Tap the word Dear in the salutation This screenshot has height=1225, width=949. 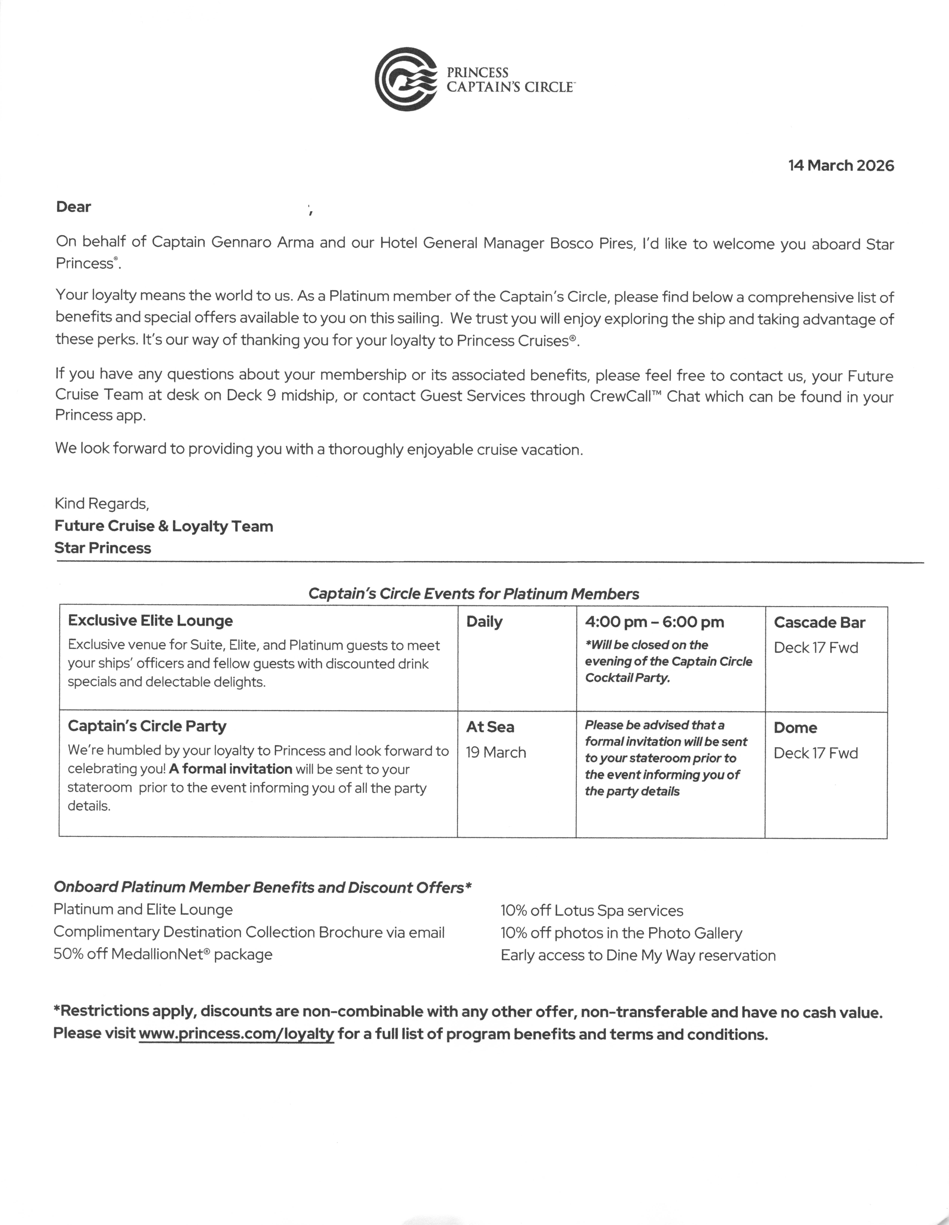(x=73, y=207)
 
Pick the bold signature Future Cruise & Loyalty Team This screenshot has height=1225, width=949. (x=164, y=526)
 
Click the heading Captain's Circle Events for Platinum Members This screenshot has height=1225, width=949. (x=474, y=594)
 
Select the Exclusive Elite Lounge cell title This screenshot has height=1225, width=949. (x=150, y=621)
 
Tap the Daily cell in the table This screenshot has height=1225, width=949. (x=484, y=622)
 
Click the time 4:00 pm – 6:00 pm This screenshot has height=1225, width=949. (x=654, y=622)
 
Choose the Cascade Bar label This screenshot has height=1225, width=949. (x=819, y=623)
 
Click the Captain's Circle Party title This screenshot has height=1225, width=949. (x=147, y=726)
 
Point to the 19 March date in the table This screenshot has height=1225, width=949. (x=496, y=753)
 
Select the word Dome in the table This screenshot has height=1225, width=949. (x=795, y=728)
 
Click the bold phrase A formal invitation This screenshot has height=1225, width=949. (x=231, y=769)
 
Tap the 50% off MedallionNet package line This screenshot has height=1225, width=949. (x=163, y=955)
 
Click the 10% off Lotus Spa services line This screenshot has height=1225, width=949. (x=592, y=911)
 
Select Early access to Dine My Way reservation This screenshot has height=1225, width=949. (x=638, y=956)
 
